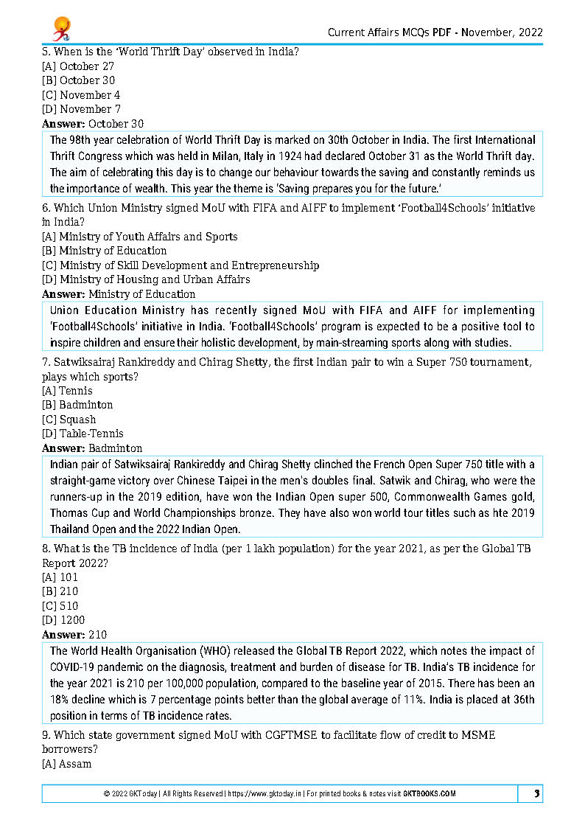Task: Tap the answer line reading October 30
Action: pos(93,124)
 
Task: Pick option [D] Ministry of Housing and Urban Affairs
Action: pos(146,279)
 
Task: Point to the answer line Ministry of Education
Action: pos(119,294)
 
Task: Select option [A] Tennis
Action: pos(67,391)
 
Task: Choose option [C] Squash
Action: pos(69,420)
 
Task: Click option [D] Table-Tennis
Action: pos(83,434)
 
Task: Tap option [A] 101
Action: pos(60,577)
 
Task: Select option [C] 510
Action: pos(60,606)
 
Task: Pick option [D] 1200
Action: pos(63,620)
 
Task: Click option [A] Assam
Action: pos(67,764)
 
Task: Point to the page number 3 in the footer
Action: pos(537,793)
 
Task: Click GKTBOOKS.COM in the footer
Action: pos(430,794)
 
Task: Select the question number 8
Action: pos(46,549)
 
